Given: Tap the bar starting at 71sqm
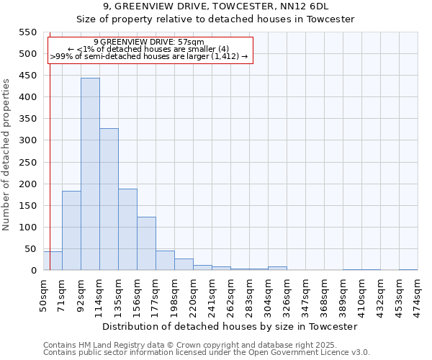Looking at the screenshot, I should click(71, 230).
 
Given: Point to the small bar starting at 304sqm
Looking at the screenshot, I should click(277, 269).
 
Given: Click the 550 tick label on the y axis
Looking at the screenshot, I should click(27, 32).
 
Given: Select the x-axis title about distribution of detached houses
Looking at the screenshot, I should click(230, 326).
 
